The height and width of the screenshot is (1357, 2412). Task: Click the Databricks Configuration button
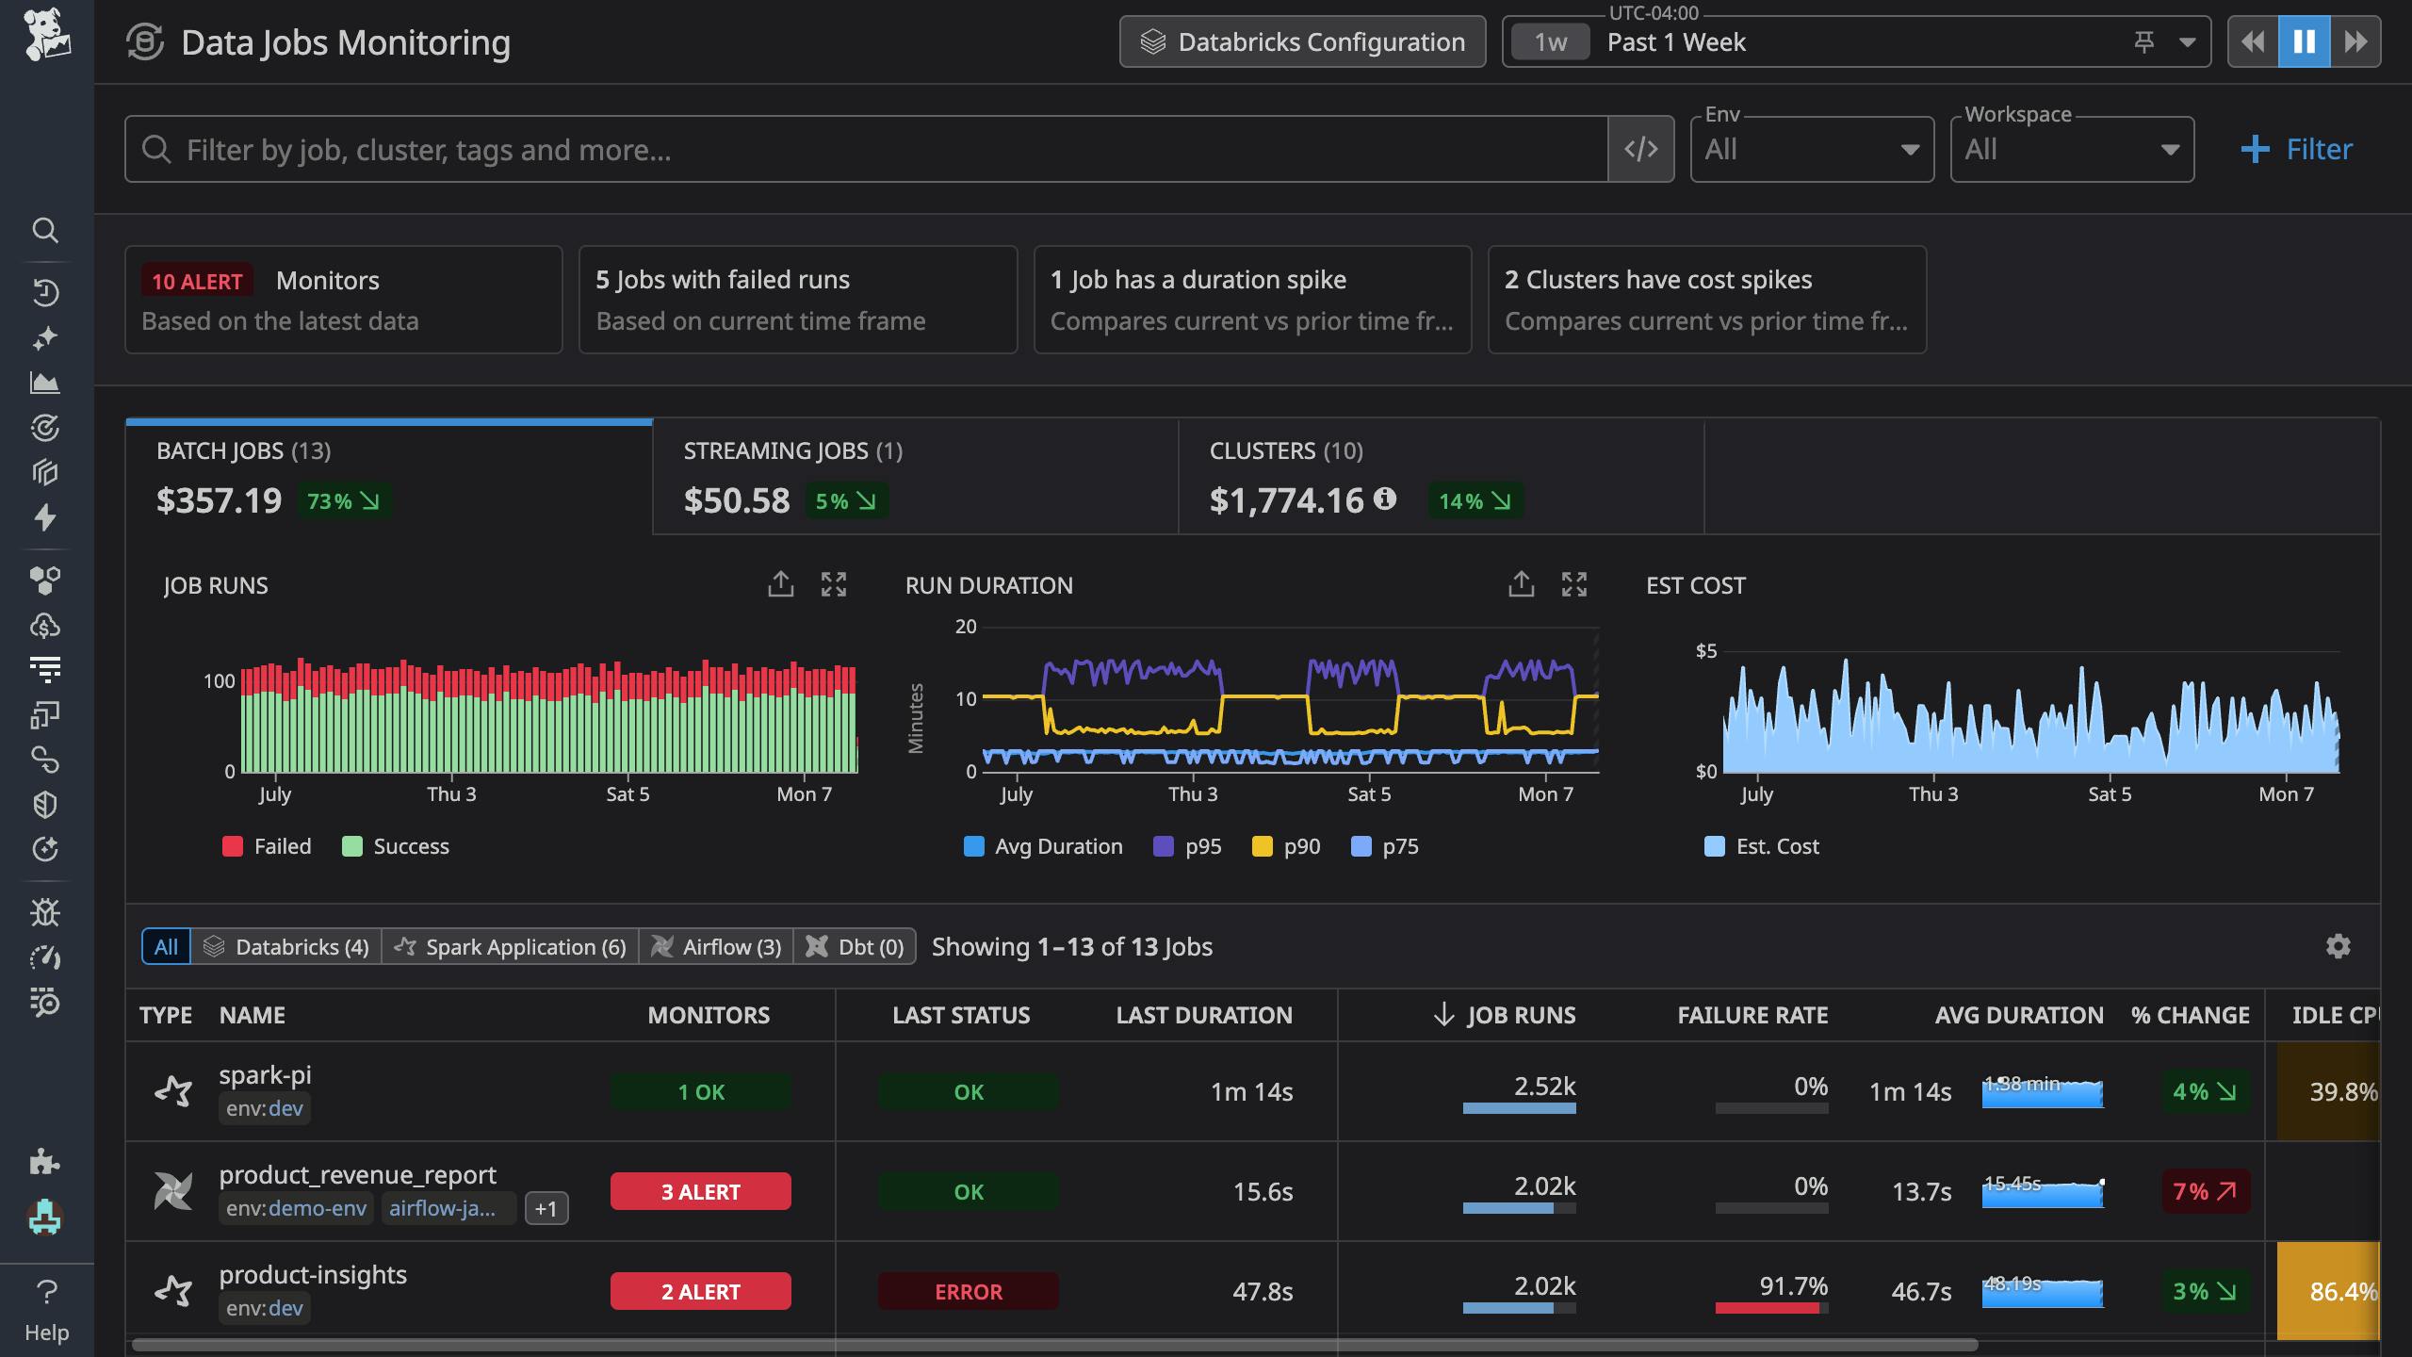click(x=1302, y=42)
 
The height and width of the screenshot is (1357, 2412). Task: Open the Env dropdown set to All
click(x=1811, y=150)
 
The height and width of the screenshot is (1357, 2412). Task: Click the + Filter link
click(x=2297, y=150)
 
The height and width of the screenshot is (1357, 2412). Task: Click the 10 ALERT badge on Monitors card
click(x=197, y=281)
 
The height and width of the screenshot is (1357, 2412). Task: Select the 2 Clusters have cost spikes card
click(x=1706, y=300)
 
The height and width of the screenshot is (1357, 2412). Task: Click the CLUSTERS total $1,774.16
click(x=1286, y=500)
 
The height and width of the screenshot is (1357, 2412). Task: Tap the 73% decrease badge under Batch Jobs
click(x=343, y=501)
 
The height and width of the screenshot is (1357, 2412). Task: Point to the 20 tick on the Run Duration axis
click(x=966, y=627)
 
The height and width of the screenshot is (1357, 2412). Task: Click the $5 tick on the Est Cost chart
click(x=1705, y=651)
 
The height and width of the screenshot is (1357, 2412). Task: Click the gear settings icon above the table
click(x=2338, y=946)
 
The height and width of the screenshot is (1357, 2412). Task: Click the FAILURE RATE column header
click(x=1752, y=1015)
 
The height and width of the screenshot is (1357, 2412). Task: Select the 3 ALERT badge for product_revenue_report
click(x=700, y=1192)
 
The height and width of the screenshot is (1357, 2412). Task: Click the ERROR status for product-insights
click(x=968, y=1292)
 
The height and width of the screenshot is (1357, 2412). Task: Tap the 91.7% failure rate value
click(x=1793, y=1286)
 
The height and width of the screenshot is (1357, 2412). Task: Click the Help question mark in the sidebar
click(x=46, y=1292)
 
